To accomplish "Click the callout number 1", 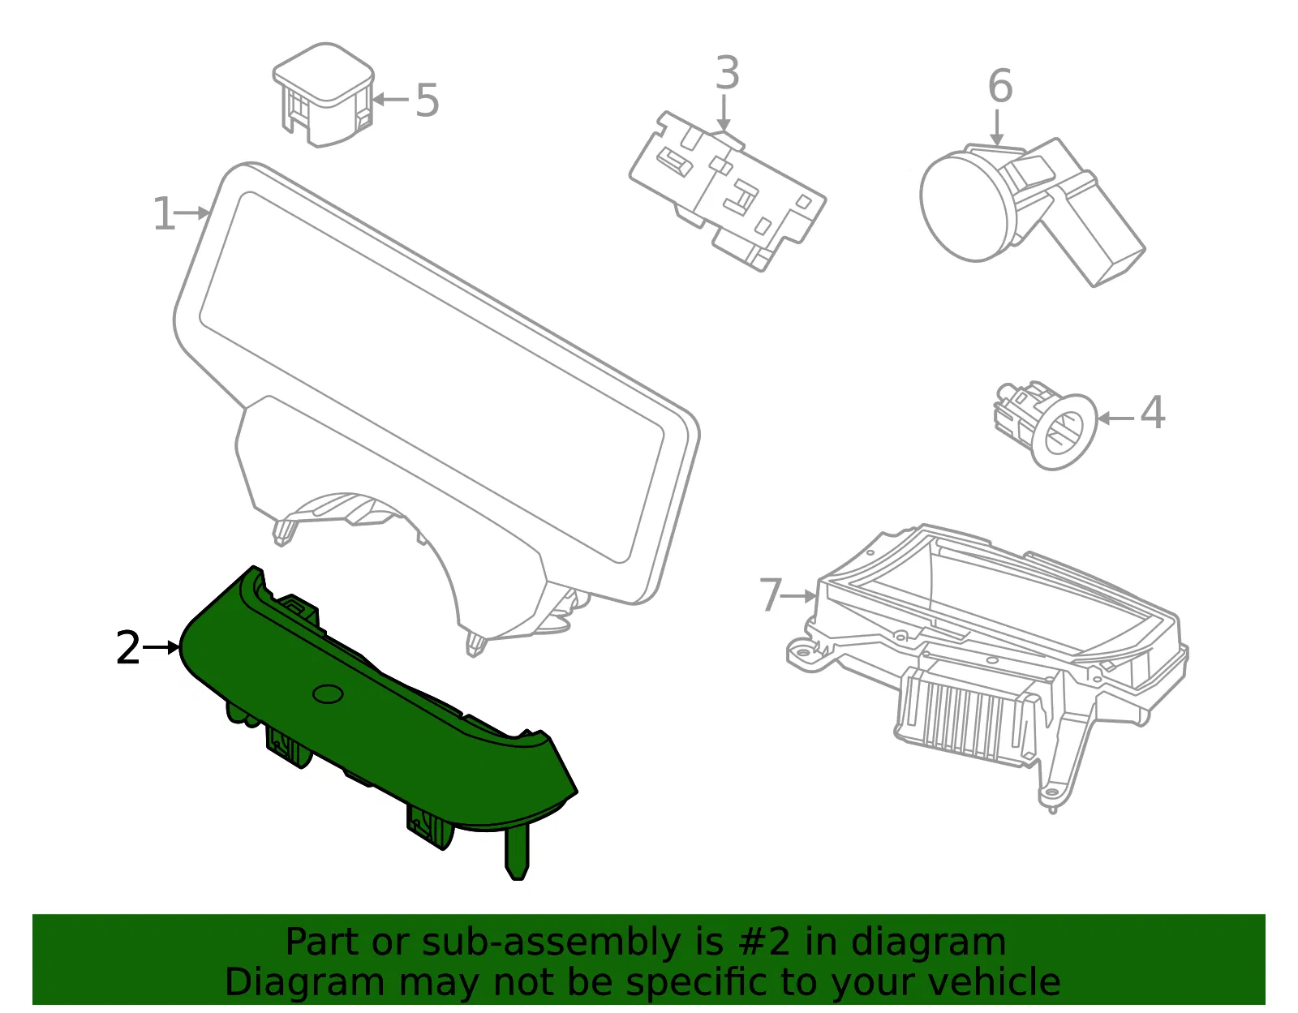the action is pyautogui.click(x=164, y=213).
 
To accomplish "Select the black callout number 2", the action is pyautogui.click(x=128, y=648).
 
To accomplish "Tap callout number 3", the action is pyautogui.click(x=728, y=73).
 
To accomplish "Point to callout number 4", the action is pyautogui.click(x=1152, y=412).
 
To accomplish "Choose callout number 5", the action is pyautogui.click(x=427, y=100).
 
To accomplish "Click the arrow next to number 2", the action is pyautogui.click(x=161, y=647).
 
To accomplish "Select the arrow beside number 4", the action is pyautogui.click(x=1115, y=419).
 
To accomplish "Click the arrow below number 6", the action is pyautogui.click(x=996, y=127).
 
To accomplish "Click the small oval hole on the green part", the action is pyautogui.click(x=328, y=693).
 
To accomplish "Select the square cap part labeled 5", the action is pyautogui.click(x=323, y=94).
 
